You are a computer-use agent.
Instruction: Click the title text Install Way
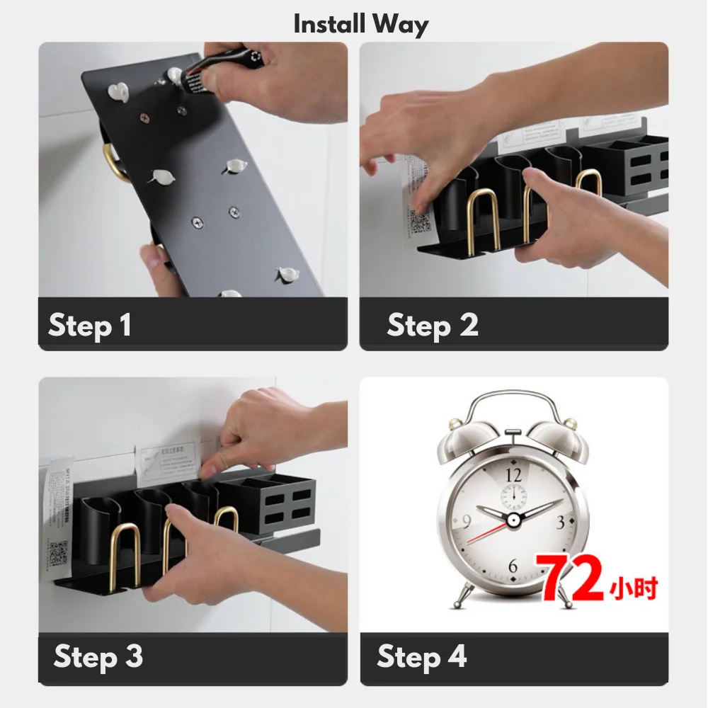click(x=361, y=25)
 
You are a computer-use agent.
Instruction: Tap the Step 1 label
click(x=90, y=326)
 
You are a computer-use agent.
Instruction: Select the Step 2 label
click(x=433, y=326)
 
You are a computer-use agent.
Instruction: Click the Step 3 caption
click(x=98, y=656)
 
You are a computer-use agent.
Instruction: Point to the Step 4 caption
click(x=422, y=656)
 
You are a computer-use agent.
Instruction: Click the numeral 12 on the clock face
click(x=513, y=475)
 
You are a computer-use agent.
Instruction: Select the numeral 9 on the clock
click(x=467, y=523)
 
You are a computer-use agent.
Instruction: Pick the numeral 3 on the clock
click(x=560, y=523)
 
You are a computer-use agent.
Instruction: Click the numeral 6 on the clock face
click(x=513, y=566)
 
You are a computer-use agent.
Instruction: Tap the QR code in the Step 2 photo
click(x=418, y=222)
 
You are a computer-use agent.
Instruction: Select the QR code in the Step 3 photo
click(x=58, y=554)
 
